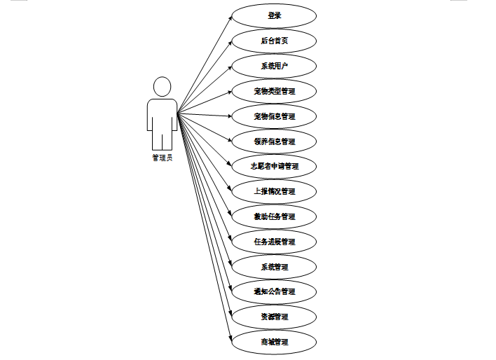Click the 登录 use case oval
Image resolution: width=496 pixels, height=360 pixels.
pyautogui.click(x=274, y=15)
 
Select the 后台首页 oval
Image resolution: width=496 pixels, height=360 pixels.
pyautogui.click(x=274, y=41)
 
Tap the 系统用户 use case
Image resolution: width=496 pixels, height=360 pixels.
pyautogui.click(x=274, y=66)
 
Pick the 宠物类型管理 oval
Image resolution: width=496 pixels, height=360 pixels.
pyautogui.click(x=274, y=91)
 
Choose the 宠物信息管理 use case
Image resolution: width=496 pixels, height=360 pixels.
pyautogui.click(x=274, y=116)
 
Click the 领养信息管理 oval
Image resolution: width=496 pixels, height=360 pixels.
pyautogui.click(x=274, y=141)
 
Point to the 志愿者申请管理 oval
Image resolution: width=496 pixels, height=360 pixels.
pyautogui.click(x=274, y=167)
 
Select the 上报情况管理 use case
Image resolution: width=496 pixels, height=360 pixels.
pyautogui.click(x=274, y=191)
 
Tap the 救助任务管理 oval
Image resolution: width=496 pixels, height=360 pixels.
pyautogui.click(x=274, y=216)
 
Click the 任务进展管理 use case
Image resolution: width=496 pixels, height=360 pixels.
pyautogui.click(x=274, y=242)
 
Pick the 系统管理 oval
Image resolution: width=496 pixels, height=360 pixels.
pyautogui.click(x=274, y=267)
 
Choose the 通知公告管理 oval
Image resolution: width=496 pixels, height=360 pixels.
pyautogui.click(x=274, y=291)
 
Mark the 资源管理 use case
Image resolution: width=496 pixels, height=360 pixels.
pyautogui.click(x=274, y=317)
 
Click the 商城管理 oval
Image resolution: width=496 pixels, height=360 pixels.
pyautogui.click(x=274, y=342)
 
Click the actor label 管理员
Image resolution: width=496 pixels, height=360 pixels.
pyautogui.click(x=162, y=158)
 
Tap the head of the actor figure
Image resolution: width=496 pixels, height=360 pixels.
pyautogui.click(x=162, y=87)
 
